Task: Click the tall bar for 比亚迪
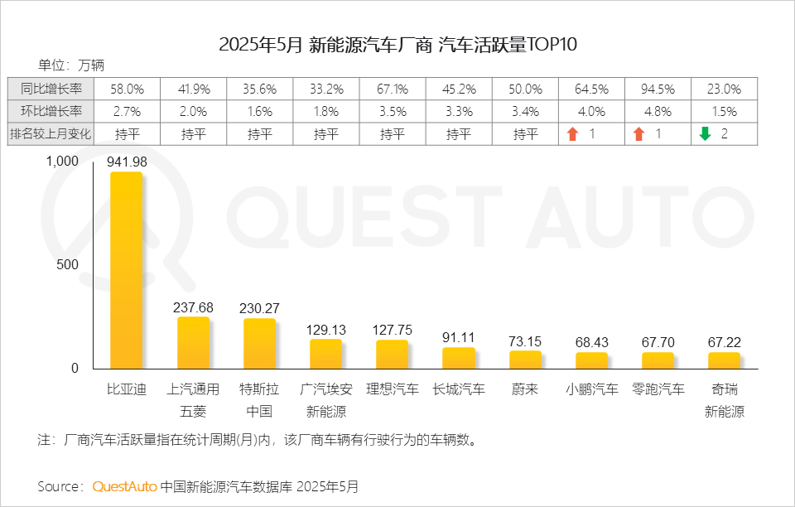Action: (127, 270)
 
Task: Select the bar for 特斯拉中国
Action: (259, 344)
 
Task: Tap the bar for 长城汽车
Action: (459, 358)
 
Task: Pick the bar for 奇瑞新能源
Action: (724, 360)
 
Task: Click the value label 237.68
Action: (193, 307)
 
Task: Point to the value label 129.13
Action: (325, 329)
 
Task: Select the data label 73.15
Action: (525, 341)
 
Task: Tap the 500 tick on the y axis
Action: (68, 265)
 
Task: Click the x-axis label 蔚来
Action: (525, 389)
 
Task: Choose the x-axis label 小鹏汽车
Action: (591, 389)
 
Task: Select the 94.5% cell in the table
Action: (658, 89)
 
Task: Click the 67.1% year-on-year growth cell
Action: (392, 89)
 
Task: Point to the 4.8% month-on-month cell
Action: (658, 111)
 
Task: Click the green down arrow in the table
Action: (705, 133)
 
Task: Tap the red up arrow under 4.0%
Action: (571, 133)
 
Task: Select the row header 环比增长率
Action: (51, 111)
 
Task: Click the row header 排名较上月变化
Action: (51, 133)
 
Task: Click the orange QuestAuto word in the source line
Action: (124, 486)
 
